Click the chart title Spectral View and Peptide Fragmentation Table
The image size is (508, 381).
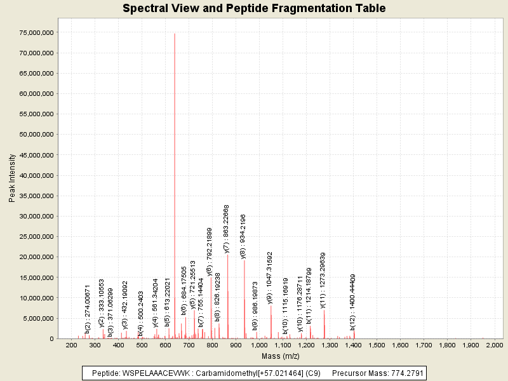254,8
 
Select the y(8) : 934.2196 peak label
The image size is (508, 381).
243,236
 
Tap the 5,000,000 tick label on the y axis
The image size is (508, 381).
40,318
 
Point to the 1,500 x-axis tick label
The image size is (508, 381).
377,345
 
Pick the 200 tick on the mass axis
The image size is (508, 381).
71,345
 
